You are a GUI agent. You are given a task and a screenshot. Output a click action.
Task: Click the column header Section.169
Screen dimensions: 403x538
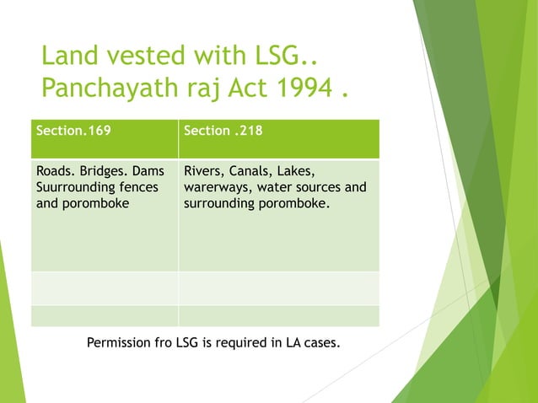click(73, 132)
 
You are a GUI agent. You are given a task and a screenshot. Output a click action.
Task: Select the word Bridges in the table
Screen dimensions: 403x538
click(104, 172)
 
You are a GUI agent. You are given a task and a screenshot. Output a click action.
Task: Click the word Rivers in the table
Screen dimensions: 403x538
click(202, 172)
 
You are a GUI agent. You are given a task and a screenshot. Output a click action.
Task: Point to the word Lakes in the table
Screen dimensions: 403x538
click(296, 172)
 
